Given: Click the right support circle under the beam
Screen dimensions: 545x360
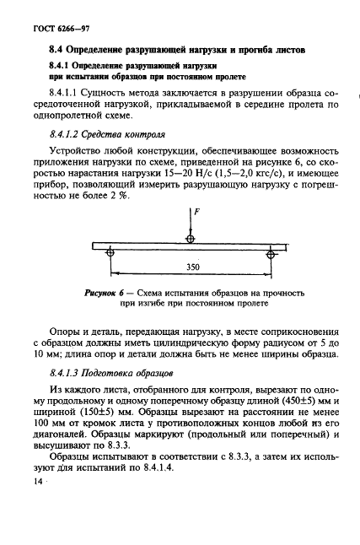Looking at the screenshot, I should pos(270,252).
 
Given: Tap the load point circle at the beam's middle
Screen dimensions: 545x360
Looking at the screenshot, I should pos(190,240).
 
